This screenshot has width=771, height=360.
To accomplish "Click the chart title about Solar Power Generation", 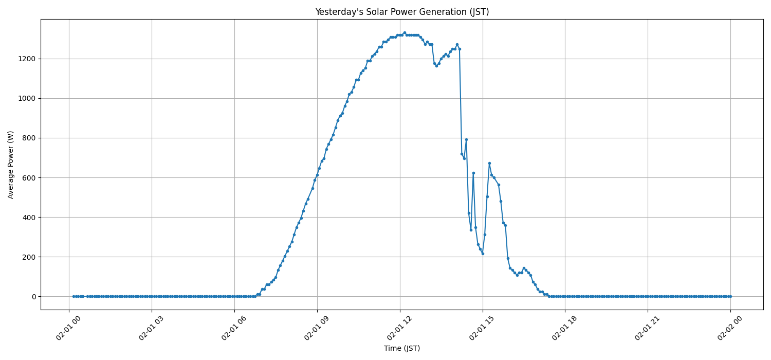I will coord(402,12).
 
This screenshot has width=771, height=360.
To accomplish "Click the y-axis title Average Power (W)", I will coord(11,165).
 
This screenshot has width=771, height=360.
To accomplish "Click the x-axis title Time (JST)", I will coord(402,348).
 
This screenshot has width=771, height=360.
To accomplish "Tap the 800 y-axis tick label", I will coord(28,138).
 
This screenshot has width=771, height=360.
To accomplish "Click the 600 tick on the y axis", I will coord(28,177).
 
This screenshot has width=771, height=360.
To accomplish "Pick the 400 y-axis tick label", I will coord(28,217).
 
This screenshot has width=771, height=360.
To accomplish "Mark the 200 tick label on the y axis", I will coord(28,257).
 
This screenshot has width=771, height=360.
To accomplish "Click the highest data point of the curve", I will coord(405,32).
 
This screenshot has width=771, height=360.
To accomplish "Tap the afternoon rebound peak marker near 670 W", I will coord(489,163).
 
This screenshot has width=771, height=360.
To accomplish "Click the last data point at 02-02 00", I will coord(730,296).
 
